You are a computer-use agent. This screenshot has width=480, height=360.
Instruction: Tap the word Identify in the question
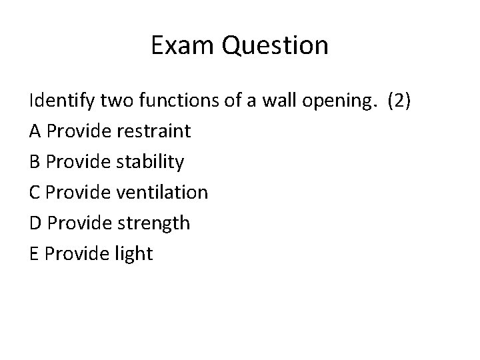pyautogui.click(x=62, y=101)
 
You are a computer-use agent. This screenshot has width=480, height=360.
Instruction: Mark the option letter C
pyautogui.click(x=35, y=193)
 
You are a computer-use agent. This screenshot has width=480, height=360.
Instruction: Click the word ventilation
pyautogui.click(x=162, y=193)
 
